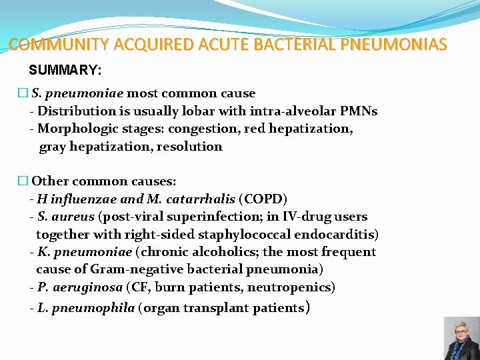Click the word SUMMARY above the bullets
click(63, 70)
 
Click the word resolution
click(189, 146)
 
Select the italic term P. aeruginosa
click(80, 287)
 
